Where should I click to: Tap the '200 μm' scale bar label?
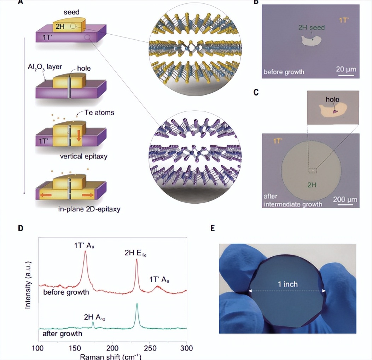(x=345, y=199)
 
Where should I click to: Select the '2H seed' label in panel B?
(x=311, y=28)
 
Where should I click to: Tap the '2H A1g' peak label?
(x=94, y=317)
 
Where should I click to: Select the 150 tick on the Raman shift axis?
(x=75, y=348)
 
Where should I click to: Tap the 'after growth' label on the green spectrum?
(x=63, y=333)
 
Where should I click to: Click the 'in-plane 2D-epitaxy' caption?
(x=89, y=209)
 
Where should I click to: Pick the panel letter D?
(x=21, y=228)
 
